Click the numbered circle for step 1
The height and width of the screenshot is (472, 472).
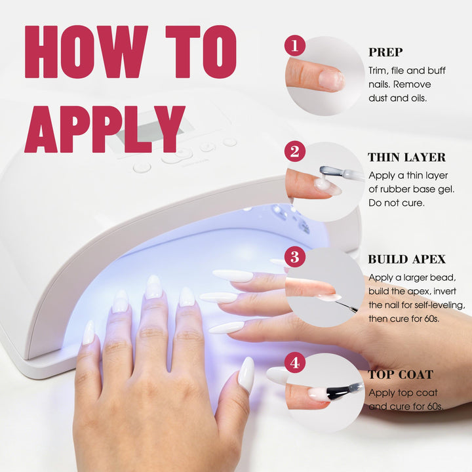[295, 46]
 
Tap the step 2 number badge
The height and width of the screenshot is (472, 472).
[295, 151]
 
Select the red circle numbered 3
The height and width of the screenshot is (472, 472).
[295, 257]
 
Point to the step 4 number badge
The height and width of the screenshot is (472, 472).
[295, 363]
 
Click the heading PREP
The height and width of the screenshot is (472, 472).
[385, 52]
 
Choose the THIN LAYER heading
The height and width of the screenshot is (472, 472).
[406, 157]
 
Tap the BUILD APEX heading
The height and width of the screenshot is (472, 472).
[406, 259]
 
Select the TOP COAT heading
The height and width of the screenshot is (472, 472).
[401, 375]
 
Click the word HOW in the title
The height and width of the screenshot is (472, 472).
[87, 52]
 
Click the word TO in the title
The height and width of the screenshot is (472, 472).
[201, 52]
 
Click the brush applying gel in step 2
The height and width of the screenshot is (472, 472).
[342, 173]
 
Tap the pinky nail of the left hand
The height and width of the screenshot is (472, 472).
[88, 332]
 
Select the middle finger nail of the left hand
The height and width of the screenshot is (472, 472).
[153, 287]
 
